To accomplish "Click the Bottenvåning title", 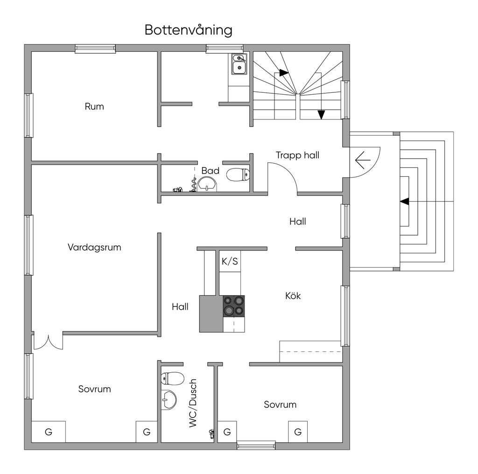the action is tap(189, 30).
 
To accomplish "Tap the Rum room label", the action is tap(94, 106).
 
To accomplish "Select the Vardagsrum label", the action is tap(94, 247).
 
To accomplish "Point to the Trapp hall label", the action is tap(297, 155).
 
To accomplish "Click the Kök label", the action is tap(293, 295).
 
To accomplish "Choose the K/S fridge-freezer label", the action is tap(230, 261).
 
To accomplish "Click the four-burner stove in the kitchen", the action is tap(234, 306).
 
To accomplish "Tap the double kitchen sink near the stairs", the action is tap(239, 64).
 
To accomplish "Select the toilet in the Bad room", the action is tap(238, 174).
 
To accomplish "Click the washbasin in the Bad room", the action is tap(207, 185).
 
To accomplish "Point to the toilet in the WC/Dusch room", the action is tap(172, 378).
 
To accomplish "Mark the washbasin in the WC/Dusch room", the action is tap(169, 400).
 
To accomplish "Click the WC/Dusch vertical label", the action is tap(193, 403).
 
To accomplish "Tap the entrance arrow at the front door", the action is tap(363, 160).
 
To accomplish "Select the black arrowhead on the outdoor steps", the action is tap(405, 202).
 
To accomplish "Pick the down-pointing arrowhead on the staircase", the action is tap(321, 115).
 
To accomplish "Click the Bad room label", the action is tap(211, 171).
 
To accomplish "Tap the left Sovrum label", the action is tap(94, 389).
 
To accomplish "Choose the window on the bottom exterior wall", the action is tap(256, 446).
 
